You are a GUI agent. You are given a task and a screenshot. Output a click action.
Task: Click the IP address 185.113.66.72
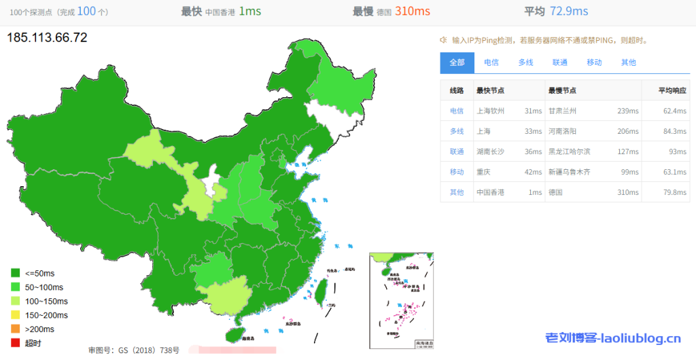click(47, 37)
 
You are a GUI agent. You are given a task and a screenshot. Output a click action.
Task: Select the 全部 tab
click(457, 62)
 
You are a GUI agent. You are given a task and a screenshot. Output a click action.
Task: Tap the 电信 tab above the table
click(491, 62)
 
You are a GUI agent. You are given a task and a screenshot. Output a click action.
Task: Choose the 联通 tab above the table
click(560, 62)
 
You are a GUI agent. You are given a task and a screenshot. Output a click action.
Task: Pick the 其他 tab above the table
click(629, 62)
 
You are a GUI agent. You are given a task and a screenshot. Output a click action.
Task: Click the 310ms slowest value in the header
click(413, 12)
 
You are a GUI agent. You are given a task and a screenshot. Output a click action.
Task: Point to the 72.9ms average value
click(570, 12)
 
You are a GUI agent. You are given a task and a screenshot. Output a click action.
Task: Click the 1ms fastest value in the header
click(249, 12)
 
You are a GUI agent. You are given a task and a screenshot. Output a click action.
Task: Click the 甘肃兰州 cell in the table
click(562, 111)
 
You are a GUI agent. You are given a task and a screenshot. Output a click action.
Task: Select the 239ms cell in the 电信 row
click(628, 111)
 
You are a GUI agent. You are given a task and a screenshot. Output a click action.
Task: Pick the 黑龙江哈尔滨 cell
click(570, 151)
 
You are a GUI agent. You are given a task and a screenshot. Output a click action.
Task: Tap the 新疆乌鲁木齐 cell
click(570, 172)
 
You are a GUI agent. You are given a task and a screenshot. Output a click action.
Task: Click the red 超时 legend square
click(16, 343)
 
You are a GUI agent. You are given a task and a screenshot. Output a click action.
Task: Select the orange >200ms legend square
click(16, 329)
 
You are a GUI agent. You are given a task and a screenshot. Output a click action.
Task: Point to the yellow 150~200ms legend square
click(16, 315)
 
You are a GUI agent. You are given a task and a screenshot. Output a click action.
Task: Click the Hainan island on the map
click(234, 335)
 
